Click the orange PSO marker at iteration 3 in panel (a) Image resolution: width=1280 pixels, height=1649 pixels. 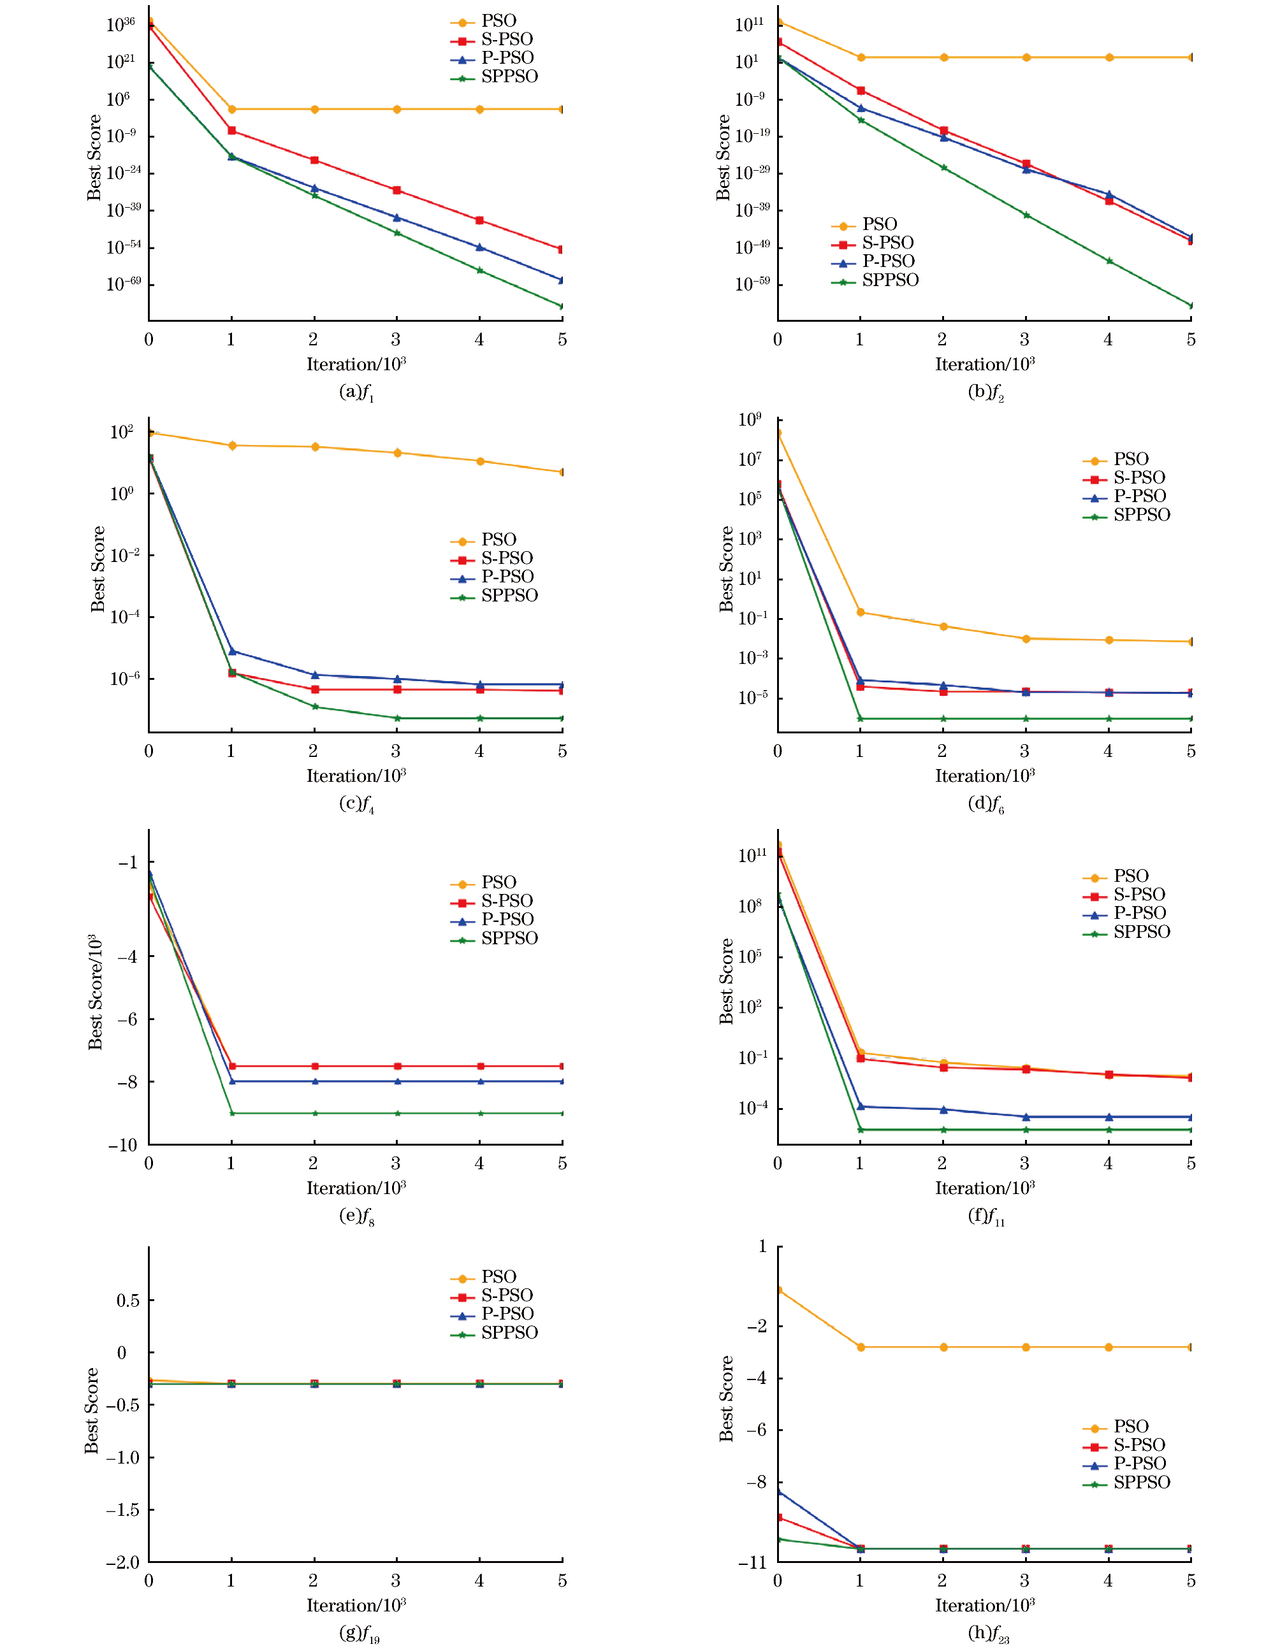coord(396,110)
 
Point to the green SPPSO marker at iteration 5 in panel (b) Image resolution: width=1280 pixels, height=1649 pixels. coord(1191,306)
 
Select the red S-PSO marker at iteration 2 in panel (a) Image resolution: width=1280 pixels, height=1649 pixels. coord(314,160)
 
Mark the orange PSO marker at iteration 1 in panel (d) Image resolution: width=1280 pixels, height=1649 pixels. coord(860,612)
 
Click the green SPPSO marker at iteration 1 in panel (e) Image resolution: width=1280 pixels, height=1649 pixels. coord(232,1114)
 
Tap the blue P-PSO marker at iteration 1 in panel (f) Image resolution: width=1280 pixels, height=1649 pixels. coord(860,1107)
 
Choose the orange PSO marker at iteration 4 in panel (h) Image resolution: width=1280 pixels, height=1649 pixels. coord(1109,1347)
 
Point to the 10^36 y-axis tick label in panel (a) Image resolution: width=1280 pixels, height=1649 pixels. coord(120,24)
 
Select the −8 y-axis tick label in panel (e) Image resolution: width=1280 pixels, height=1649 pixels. coord(127,1082)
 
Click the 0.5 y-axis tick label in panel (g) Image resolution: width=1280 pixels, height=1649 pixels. coord(127,1300)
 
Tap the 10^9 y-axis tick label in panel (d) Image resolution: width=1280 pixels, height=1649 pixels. coord(749,420)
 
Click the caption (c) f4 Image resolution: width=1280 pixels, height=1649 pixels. coord(356,803)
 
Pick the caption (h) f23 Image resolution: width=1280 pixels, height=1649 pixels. coord(988,1633)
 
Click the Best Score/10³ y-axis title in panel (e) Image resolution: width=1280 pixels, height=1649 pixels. coord(95,992)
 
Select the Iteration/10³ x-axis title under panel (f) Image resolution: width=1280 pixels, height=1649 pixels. coord(985,1188)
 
